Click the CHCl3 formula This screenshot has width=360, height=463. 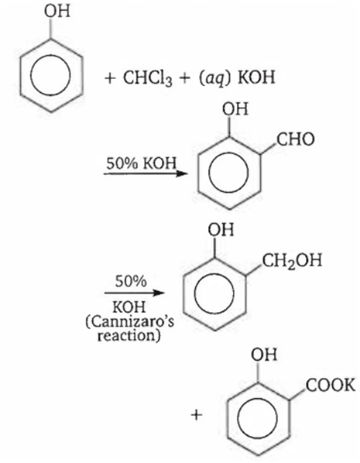[x=148, y=77]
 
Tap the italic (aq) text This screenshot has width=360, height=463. [x=214, y=78]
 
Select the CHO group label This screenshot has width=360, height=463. [x=296, y=139]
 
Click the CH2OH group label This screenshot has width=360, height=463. [x=292, y=261]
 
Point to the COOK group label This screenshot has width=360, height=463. [x=331, y=386]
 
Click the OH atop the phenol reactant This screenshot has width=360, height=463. [x=57, y=11]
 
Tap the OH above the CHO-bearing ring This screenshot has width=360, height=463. [x=235, y=108]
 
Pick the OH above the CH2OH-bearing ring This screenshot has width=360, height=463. [x=221, y=229]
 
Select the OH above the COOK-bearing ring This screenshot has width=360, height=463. [x=264, y=355]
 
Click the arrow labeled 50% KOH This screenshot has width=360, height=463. [x=146, y=173]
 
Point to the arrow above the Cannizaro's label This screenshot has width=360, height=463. [x=135, y=293]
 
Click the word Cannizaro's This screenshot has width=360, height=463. [x=129, y=322]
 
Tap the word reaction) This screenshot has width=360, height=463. [x=129, y=336]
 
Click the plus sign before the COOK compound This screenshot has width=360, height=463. [x=197, y=415]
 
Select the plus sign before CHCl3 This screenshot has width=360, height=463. [x=110, y=78]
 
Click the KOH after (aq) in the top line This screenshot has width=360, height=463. [x=256, y=77]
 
